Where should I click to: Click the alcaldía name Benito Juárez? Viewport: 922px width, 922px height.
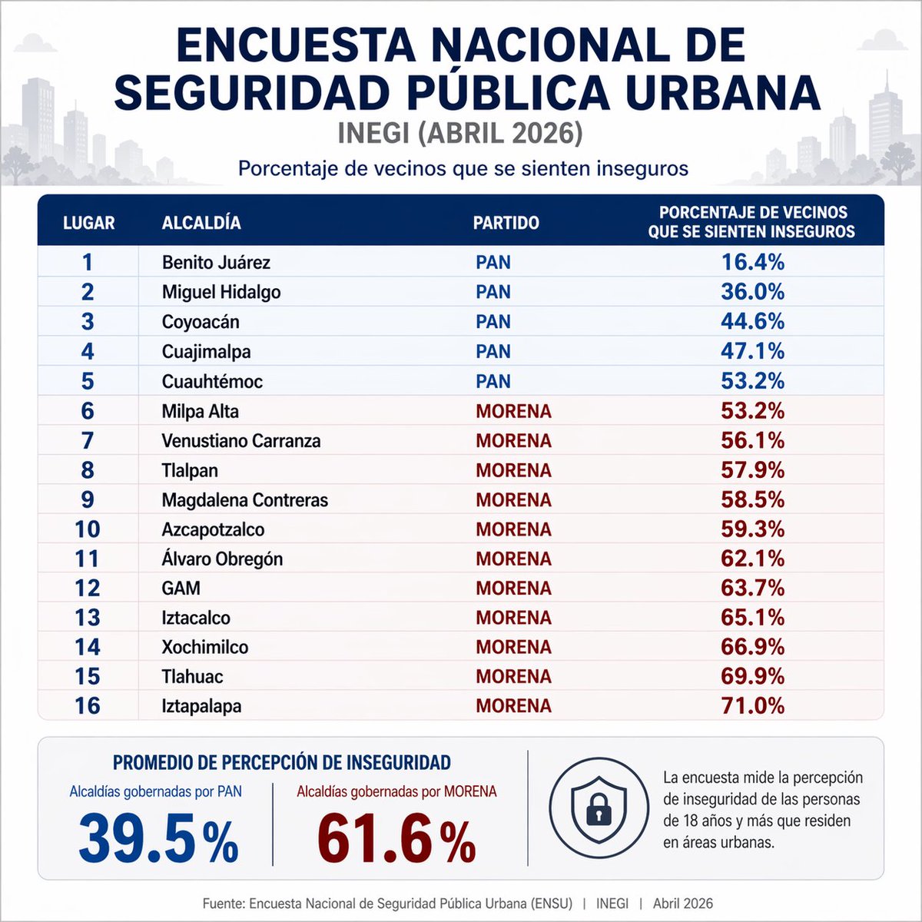pos(216,263)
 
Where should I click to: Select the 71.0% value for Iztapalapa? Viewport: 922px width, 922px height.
pos(752,705)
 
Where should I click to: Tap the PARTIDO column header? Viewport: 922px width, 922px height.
pos(506,223)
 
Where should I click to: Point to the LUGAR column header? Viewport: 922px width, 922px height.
pos(88,223)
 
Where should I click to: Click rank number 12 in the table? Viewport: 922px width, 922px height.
pos(88,589)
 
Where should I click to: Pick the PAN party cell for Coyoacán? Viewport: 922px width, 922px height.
pos(493,322)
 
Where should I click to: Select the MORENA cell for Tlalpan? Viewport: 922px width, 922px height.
pos(513,470)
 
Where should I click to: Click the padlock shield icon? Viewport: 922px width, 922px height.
pos(599,807)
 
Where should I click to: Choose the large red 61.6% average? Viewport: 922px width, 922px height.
pos(396,840)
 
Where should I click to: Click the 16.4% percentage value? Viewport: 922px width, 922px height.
pos(752,263)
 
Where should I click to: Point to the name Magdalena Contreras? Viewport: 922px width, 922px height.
pos(244,500)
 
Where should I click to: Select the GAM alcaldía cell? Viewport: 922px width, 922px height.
pos(181,589)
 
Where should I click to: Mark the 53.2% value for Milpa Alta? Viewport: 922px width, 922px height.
pos(752,411)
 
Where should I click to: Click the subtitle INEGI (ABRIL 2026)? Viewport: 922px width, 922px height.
pos(460,133)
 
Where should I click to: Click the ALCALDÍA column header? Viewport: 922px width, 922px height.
pos(201,223)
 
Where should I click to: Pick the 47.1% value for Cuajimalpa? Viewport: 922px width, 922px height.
pos(752,352)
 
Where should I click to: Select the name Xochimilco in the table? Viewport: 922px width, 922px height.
pos(205,647)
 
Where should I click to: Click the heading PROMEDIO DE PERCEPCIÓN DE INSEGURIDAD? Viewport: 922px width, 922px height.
pos(281,763)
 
